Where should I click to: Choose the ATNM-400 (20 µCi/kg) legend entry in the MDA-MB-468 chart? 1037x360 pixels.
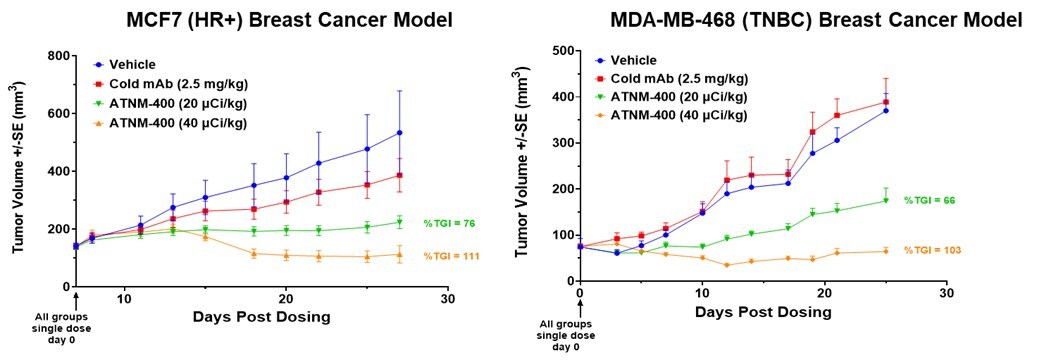coord(676,96)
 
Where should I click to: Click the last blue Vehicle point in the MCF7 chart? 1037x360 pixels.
coord(399,132)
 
